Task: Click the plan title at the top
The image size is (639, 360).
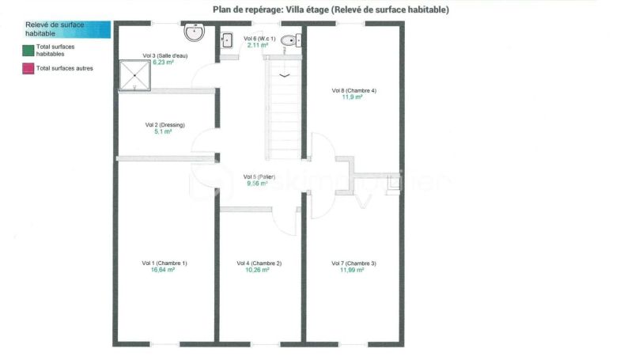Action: [331, 9]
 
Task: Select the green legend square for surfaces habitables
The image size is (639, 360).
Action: [28, 49]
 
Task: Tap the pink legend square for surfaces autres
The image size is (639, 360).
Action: [28, 69]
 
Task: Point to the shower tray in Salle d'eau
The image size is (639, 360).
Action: [135, 76]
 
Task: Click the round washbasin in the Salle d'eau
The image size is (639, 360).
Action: [195, 32]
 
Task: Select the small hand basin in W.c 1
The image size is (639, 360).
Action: [227, 40]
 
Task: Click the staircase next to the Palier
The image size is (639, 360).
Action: [284, 111]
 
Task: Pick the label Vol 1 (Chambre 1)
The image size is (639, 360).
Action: [164, 263]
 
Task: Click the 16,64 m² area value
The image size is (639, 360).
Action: [163, 270]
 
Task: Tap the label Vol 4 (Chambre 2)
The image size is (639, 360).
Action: [259, 263]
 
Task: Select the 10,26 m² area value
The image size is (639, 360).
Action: [258, 270]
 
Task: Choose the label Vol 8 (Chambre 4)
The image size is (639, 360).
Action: [354, 90]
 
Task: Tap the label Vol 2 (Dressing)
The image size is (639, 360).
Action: [164, 125]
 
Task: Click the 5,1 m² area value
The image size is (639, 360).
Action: [163, 132]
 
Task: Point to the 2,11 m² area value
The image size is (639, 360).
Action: [259, 45]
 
